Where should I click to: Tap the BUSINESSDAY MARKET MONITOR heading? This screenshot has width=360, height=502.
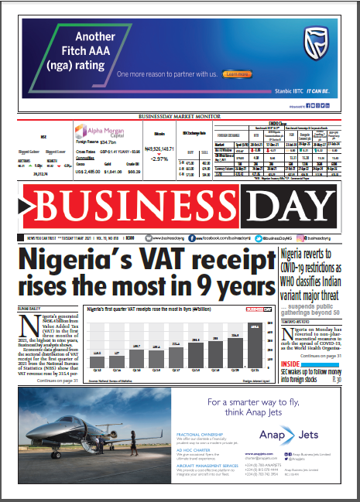pyautogui.click(x=180, y=116)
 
